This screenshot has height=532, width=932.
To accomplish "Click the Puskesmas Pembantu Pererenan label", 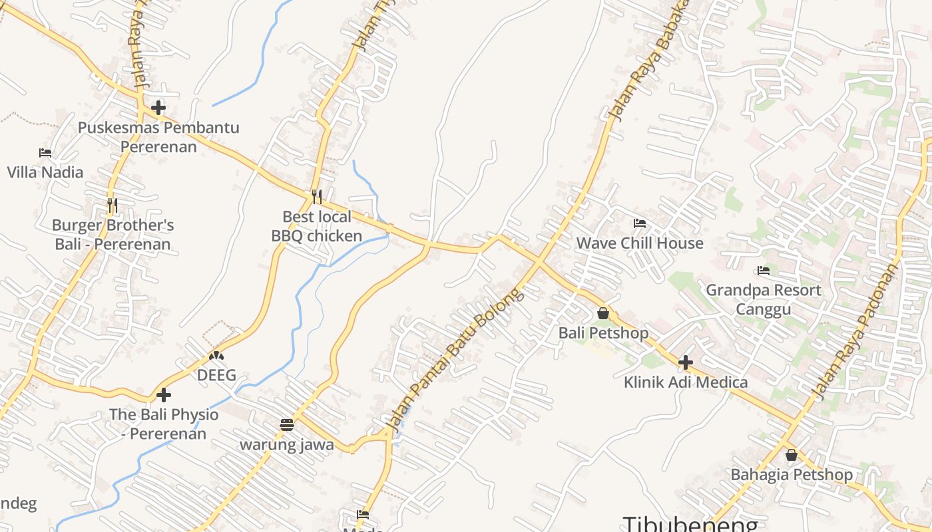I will tap(158, 137).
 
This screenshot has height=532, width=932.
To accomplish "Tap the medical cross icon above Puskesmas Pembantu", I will tap(158, 107).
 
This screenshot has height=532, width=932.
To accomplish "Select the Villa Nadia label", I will tap(45, 172).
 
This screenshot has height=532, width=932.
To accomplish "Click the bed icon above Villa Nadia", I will tap(45, 153).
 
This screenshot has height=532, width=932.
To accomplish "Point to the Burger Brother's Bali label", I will tap(113, 235).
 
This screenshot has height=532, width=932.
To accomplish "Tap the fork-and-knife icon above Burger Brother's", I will tap(113, 205).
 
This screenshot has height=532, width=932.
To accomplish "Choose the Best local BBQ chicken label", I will tap(317, 226).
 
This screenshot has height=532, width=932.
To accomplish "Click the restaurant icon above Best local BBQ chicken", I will tap(317, 197).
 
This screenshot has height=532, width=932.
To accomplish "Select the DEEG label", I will tap(216, 375).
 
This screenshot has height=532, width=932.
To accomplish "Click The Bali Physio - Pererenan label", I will tap(164, 424).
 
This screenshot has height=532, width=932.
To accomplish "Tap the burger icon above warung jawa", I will tap(287, 425).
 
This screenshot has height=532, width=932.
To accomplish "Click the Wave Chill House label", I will tap(640, 243).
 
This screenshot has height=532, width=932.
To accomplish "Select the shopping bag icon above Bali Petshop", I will tap(603, 313).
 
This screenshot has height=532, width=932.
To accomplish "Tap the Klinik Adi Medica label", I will tap(686, 382).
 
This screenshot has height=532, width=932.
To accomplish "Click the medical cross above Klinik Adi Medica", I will tap(686, 362).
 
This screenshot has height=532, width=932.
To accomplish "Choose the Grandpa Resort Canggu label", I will tap(764, 300).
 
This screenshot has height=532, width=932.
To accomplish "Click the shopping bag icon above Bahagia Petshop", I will tap(792, 456).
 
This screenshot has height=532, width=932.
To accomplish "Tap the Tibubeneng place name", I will tap(690, 523).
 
